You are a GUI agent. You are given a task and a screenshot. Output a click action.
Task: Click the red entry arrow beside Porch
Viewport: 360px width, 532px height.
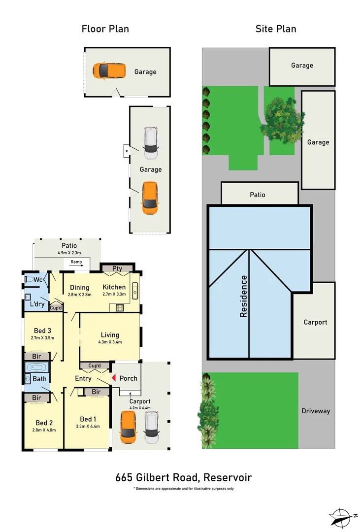tap(114, 378)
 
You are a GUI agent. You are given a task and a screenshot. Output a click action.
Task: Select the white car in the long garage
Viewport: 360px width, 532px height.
tap(150, 143)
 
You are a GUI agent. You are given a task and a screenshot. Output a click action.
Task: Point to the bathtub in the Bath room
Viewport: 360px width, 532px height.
tap(36, 367)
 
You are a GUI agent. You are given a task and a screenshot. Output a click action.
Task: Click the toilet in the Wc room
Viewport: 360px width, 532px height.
tap(31, 280)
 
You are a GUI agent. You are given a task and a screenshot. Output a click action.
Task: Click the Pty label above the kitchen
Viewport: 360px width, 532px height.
tap(117, 268)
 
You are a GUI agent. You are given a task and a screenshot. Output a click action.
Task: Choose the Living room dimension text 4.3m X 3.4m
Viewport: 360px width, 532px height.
tap(109, 342)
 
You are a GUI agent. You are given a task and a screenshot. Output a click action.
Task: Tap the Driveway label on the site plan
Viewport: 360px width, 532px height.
tap(316, 411)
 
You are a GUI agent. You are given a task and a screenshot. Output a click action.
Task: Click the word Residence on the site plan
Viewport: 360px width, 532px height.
tap(244, 296)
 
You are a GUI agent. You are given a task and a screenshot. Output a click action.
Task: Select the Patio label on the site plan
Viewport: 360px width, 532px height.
tap(258, 195)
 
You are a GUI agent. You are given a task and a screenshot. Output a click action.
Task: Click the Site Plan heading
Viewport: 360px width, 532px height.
tap(276, 29)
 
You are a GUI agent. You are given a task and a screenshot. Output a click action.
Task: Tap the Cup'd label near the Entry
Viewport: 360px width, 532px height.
tap(94, 366)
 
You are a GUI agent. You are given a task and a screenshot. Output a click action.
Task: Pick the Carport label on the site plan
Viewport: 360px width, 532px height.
tap(315, 322)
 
